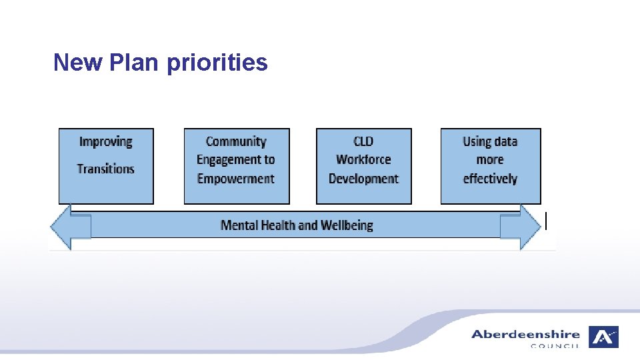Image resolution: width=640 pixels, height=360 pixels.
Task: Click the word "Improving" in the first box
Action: click(x=105, y=141)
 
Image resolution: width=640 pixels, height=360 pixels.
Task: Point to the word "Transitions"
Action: click(x=105, y=169)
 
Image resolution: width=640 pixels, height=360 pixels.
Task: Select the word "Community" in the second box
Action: click(x=236, y=141)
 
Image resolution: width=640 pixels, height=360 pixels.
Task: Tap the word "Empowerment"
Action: click(x=236, y=179)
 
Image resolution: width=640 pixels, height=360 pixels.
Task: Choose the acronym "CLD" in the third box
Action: click(x=363, y=141)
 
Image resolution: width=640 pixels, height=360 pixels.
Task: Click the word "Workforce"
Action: click(x=363, y=160)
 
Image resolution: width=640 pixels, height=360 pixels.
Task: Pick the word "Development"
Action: click(x=363, y=179)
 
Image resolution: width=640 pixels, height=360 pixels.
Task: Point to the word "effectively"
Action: click(x=490, y=179)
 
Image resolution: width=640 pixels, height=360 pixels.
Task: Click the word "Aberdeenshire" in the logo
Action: click(x=525, y=334)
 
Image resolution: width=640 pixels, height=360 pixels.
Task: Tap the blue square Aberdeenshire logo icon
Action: click(x=603, y=337)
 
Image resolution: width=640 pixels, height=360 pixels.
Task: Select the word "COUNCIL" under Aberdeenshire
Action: click(x=555, y=346)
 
